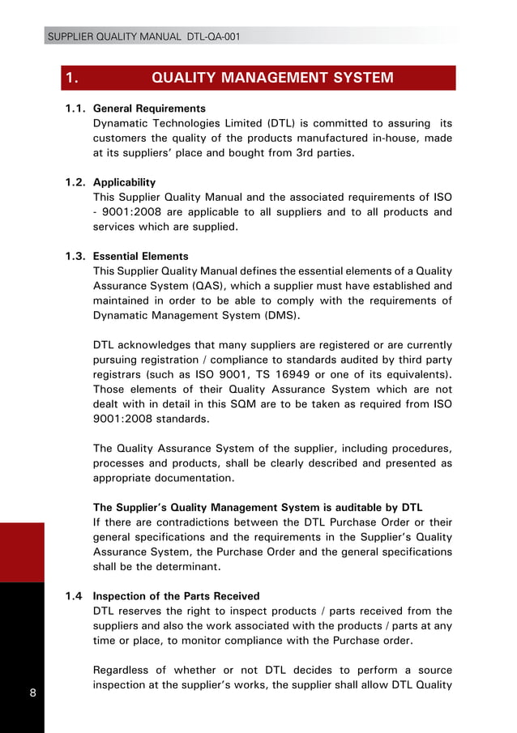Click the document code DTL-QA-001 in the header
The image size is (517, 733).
pos(213,36)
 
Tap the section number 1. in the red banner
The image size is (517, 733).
pos(71,78)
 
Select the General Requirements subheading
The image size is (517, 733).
pos(149,109)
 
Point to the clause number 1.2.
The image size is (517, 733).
pos(77,182)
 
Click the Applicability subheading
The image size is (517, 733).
pos(124,182)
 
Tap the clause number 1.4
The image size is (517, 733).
pos(75,597)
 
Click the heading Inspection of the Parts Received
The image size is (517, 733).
pos(176,597)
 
